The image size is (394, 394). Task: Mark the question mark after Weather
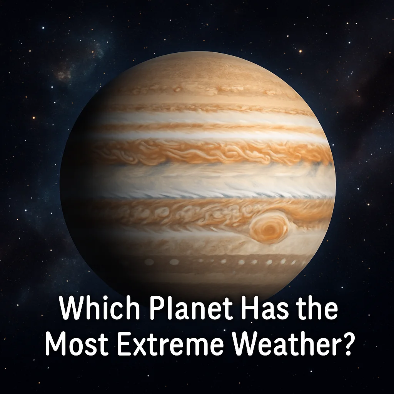click(x=345, y=344)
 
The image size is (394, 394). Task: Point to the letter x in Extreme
click(x=135, y=346)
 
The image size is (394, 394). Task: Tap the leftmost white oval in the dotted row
click(x=149, y=262)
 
